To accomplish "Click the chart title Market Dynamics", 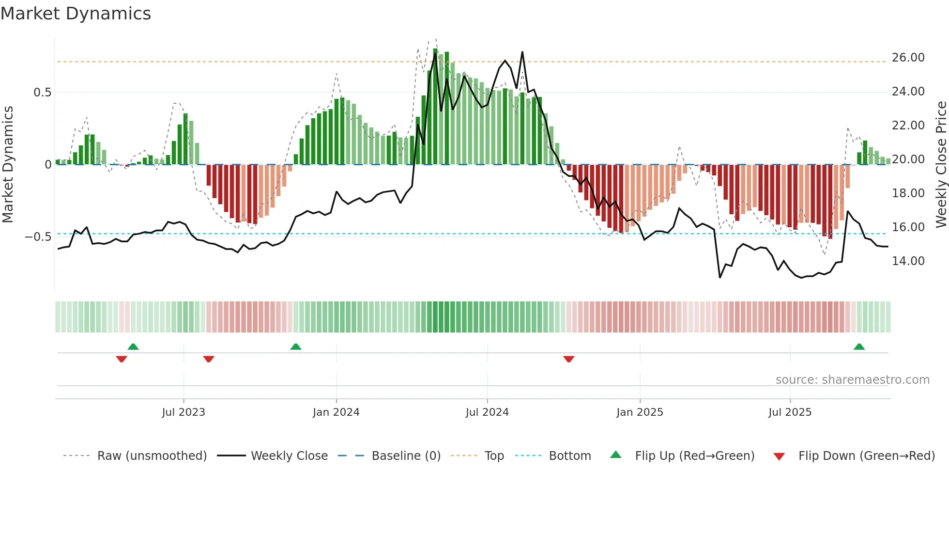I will click(76, 14).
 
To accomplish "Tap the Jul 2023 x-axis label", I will click(184, 412).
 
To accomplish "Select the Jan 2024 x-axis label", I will click(336, 412).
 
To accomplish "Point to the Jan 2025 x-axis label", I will click(640, 412).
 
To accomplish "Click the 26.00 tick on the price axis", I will click(908, 58).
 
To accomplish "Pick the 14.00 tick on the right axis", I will click(908, 261).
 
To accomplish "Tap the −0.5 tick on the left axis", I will click(38, 237).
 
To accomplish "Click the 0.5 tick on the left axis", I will click(42, 93).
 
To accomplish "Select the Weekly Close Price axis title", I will click(941, 164).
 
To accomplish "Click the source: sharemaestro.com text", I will click(852, 380).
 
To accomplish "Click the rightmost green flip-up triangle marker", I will click(859, 347).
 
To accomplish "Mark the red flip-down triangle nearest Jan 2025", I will click(569, 359).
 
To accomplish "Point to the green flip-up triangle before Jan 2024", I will click(296, 347).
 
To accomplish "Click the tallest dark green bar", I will click(435, 107).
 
